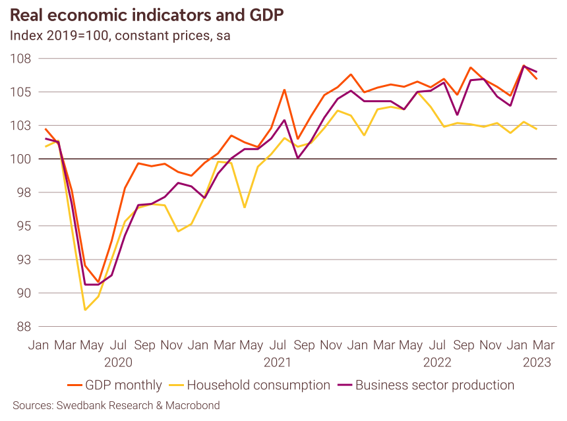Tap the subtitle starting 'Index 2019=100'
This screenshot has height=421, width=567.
120,36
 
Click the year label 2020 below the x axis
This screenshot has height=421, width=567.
119,362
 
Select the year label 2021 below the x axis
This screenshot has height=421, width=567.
278,362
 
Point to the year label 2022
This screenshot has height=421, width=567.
437,362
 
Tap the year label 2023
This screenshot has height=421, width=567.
537,362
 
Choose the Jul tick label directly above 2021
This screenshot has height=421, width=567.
278,345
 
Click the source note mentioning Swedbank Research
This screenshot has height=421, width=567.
116,405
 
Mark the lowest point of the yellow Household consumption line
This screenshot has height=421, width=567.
85,310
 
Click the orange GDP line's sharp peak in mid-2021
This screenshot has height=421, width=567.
284,90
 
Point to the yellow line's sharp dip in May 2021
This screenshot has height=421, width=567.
245,208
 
